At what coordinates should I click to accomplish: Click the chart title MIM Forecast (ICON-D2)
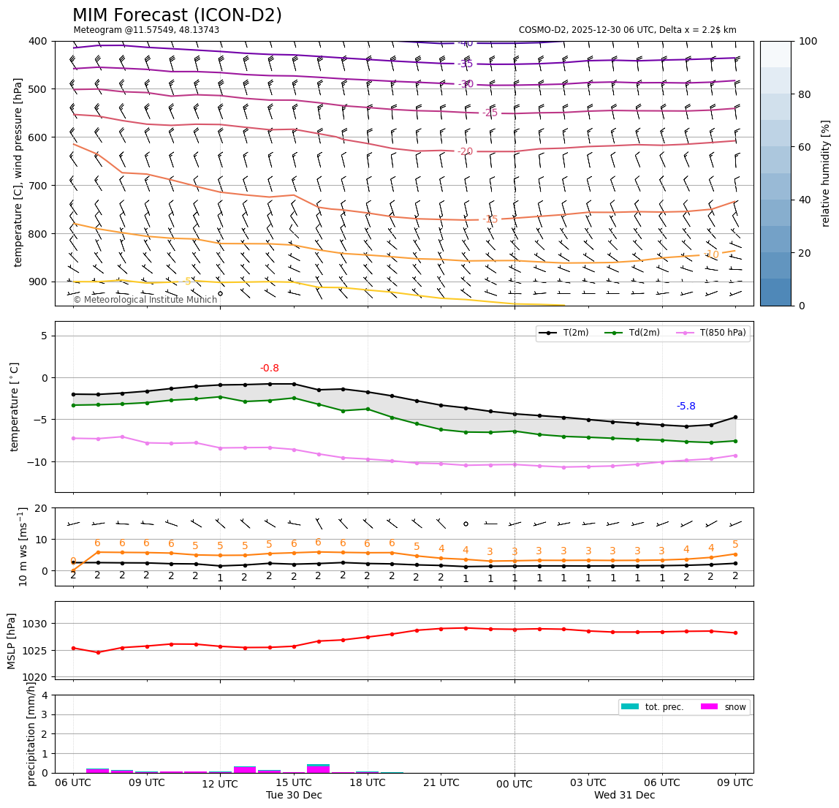pyautogui.click(x=177, y=15)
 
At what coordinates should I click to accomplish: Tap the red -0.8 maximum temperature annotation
pyautogui.click(x=270, y=369)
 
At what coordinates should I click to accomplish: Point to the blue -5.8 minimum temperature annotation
pyautogui.click(x=686, y=407)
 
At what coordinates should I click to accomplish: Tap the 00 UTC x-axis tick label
pyautogui.click(x=515, y=783)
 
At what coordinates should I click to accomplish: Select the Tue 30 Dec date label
pyautogui.click(x=294, y=795)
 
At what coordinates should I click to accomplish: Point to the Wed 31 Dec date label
pyautogui.click(x=624, y=795)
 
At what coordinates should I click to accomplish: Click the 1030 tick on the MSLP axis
pyautogui.click(x=37, y=624)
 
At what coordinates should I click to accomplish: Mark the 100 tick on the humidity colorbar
pyautogui.click(x=808, y=41)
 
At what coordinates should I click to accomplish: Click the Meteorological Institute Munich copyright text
pyautogui.click(x=145, y=300)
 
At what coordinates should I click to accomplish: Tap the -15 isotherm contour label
pyautogui.click(x=490, y=219)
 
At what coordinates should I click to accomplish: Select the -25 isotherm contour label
pyautogui.click(x=490, y=113)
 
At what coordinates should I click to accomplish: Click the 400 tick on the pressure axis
pyautogui.click(x=38, y=41)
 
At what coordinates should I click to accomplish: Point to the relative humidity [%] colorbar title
pyautogui.click(x=826, y=173)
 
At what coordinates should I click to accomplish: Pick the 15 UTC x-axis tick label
pyautogui.click(x=294, y=782)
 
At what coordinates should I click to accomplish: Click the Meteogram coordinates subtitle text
pyautogui.click(x=146, y=30)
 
